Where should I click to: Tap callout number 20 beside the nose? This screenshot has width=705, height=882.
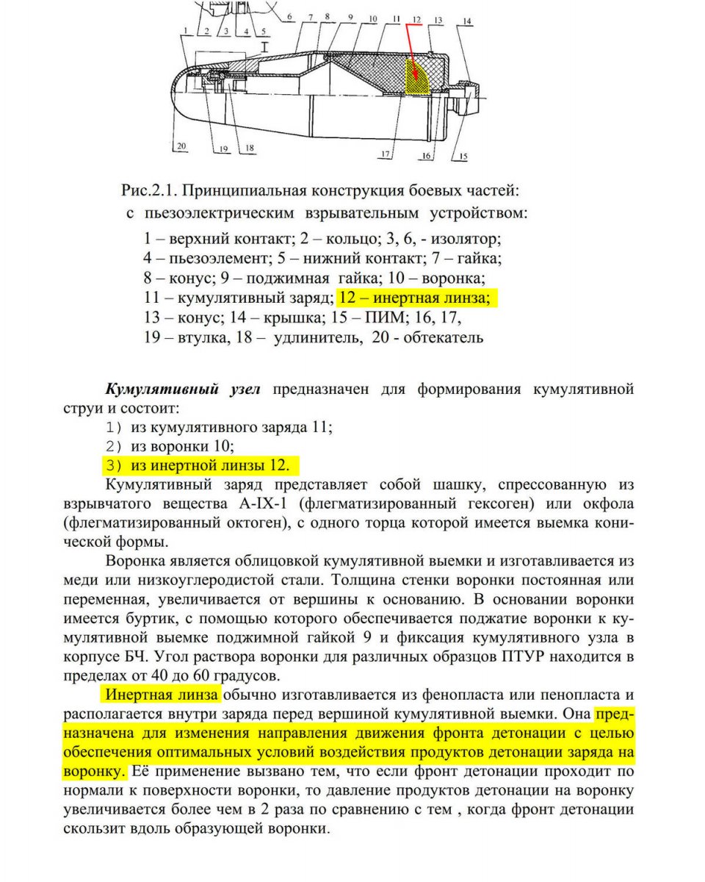181,146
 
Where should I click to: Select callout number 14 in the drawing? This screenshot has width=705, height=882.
467,21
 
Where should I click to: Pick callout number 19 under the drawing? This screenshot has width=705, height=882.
223,148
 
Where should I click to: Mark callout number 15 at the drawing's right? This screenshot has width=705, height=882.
463,155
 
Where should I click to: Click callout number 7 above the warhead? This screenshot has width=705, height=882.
311,16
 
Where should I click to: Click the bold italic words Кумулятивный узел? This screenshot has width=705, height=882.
184,389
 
